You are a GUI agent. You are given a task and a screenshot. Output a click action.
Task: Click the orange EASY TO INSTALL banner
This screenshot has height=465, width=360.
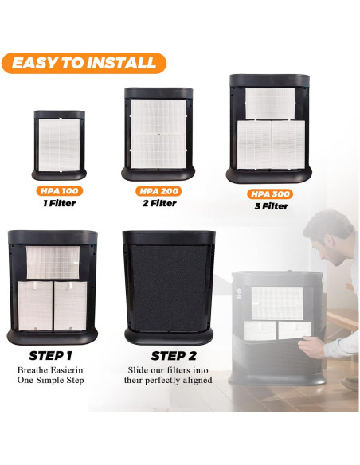pos(84,63)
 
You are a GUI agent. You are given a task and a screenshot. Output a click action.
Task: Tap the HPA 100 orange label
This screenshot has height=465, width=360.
pos(59,190)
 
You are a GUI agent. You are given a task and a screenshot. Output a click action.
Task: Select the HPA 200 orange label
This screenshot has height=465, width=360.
pos(158,191)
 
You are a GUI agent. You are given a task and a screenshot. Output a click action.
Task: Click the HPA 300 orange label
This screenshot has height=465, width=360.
pos(270,194)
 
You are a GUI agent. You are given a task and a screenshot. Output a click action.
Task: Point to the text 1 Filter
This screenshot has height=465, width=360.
pos(59,203)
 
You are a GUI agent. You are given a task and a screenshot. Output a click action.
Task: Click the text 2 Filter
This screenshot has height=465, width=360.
pos(159,203)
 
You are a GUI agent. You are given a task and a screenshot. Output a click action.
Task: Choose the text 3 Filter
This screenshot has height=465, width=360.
pos(271,206)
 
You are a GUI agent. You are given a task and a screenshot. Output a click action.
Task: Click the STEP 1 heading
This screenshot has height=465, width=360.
pos(50,356)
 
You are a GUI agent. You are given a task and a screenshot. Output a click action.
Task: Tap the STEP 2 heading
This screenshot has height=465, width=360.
pos(174,356)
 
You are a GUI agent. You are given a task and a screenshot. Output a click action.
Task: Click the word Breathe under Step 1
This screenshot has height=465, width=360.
pos(33,370)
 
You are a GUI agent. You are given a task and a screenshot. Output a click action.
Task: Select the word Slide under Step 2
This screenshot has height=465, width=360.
pos(138,370)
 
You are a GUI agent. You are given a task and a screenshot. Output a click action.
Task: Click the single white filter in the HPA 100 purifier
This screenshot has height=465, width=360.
pos(59,145)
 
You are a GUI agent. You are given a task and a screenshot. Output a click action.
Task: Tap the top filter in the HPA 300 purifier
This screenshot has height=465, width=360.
pos(270,104)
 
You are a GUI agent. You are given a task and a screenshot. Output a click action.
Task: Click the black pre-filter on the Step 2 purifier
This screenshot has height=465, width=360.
pos(169,284)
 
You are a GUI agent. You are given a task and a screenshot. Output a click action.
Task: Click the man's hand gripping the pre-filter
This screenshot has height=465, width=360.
pos(311,346)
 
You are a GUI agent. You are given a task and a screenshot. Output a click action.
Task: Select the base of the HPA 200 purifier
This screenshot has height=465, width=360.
pos(158,174)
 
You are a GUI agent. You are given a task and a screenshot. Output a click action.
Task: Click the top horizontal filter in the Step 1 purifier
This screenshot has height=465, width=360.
pos(53,263)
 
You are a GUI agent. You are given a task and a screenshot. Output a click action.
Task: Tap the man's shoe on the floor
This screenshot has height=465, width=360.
pos(350,384)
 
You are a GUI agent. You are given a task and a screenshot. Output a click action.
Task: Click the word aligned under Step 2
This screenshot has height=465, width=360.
pos(197,380)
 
